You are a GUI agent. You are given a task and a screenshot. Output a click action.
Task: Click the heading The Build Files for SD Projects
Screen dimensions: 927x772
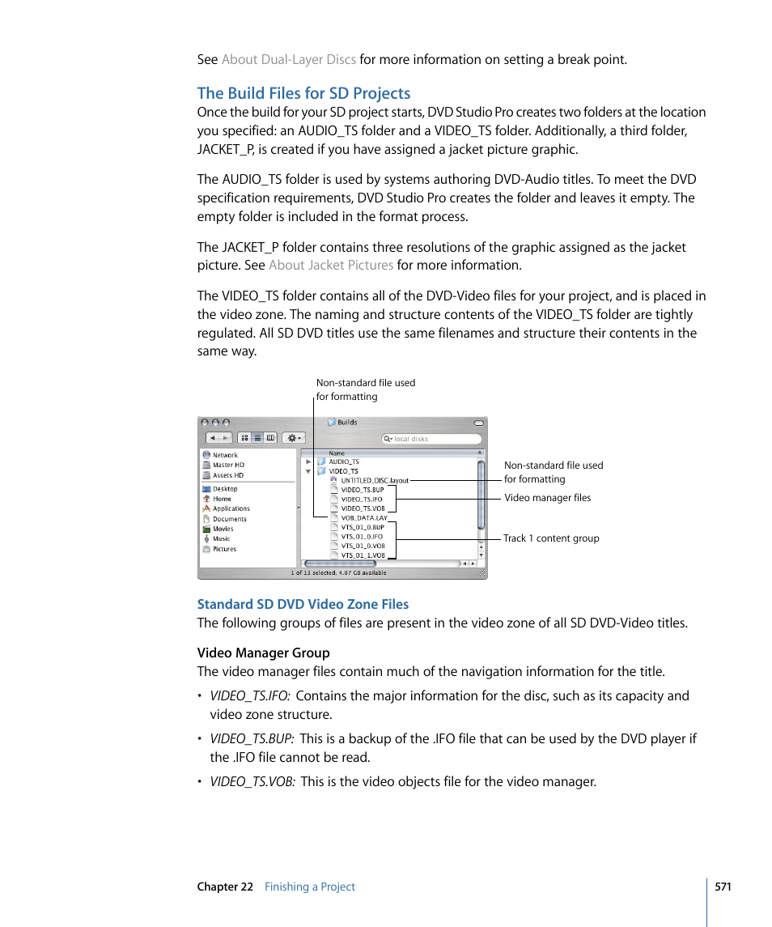[x=303, y=93]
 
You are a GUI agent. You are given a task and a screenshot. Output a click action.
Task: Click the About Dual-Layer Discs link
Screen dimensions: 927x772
[x=288, y=59]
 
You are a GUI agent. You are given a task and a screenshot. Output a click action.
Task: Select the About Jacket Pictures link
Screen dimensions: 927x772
[x=330, y=265]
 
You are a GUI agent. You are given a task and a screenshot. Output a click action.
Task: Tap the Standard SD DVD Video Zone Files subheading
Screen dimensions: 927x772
[x=303, y=604]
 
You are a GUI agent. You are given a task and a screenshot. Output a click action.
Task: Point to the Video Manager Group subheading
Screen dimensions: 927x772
[x=263, y=653]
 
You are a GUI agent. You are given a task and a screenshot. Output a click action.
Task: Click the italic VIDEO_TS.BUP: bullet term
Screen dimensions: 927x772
[x=252, y=738]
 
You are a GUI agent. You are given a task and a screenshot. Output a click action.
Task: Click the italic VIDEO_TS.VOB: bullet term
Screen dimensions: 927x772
[x=252, y=781]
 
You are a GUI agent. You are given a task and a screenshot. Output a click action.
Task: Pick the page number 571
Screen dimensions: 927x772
[x=723, y=887]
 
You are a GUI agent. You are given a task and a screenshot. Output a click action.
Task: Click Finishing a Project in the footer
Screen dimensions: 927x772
[x=309, y=887]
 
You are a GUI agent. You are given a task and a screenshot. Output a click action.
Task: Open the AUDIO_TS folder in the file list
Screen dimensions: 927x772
[x=343, y=461]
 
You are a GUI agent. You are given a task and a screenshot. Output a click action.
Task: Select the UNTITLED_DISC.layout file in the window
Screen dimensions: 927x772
[x=374, y=480]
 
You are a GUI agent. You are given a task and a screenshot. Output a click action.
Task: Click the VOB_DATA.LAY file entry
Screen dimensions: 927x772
[x=363, y=517]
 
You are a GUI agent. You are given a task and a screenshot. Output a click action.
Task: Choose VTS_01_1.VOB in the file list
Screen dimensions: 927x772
[x=362, y=555]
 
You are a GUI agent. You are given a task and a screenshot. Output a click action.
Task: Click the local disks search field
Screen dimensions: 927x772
[x=431, y=439]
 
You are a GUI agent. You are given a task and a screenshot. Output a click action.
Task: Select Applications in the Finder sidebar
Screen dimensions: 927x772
[x=231, y=508]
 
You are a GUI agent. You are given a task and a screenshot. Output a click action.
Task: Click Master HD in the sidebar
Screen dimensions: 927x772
[x=227, y=465]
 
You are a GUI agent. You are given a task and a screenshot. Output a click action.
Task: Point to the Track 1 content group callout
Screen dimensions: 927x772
[x=550, y=538]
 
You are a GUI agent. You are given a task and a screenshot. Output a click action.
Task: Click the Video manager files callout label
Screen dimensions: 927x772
[x=547, y=498]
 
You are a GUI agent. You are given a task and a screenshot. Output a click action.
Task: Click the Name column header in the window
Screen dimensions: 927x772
[x=337, y=453]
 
